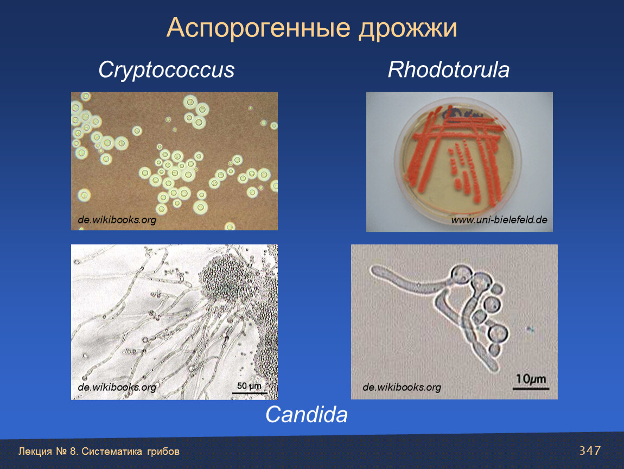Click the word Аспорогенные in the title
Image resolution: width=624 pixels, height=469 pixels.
click(x=258, y=28)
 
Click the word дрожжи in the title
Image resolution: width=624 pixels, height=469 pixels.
click(x=408, y=28)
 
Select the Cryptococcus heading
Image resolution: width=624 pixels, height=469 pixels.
click(x=167, y=71)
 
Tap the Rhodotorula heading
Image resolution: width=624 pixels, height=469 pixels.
click(x=449, y=69)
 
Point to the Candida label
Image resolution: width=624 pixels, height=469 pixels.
click(x=306, y=415)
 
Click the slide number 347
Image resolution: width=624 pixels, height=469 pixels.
click(x=590, y=451)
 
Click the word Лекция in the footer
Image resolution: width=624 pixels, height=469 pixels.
click(x=35, y=452)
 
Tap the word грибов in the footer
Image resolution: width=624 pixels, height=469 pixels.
click(x=163, y=452)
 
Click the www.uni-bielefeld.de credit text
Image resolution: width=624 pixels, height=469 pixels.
click(x=499, y=220)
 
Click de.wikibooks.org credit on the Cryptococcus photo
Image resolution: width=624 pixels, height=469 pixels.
click(x=117, y=220)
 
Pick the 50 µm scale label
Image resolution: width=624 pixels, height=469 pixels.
click(x=249, y=386)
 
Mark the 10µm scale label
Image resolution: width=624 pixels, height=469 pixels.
click(x=531, y=379)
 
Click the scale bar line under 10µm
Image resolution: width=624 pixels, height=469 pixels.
click(x=531, y=388)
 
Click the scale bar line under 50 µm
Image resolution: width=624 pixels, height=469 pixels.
click(x=249, y=393)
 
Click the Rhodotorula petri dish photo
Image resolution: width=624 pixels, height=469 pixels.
click(x=459, y=162)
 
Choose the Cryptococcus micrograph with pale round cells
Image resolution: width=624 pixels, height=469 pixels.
click(x=174, y=161)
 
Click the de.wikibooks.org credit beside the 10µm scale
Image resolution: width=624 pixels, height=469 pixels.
click(x=402, y=387)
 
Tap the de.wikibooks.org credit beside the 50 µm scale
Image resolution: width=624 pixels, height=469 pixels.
click(x=117, y=387)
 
